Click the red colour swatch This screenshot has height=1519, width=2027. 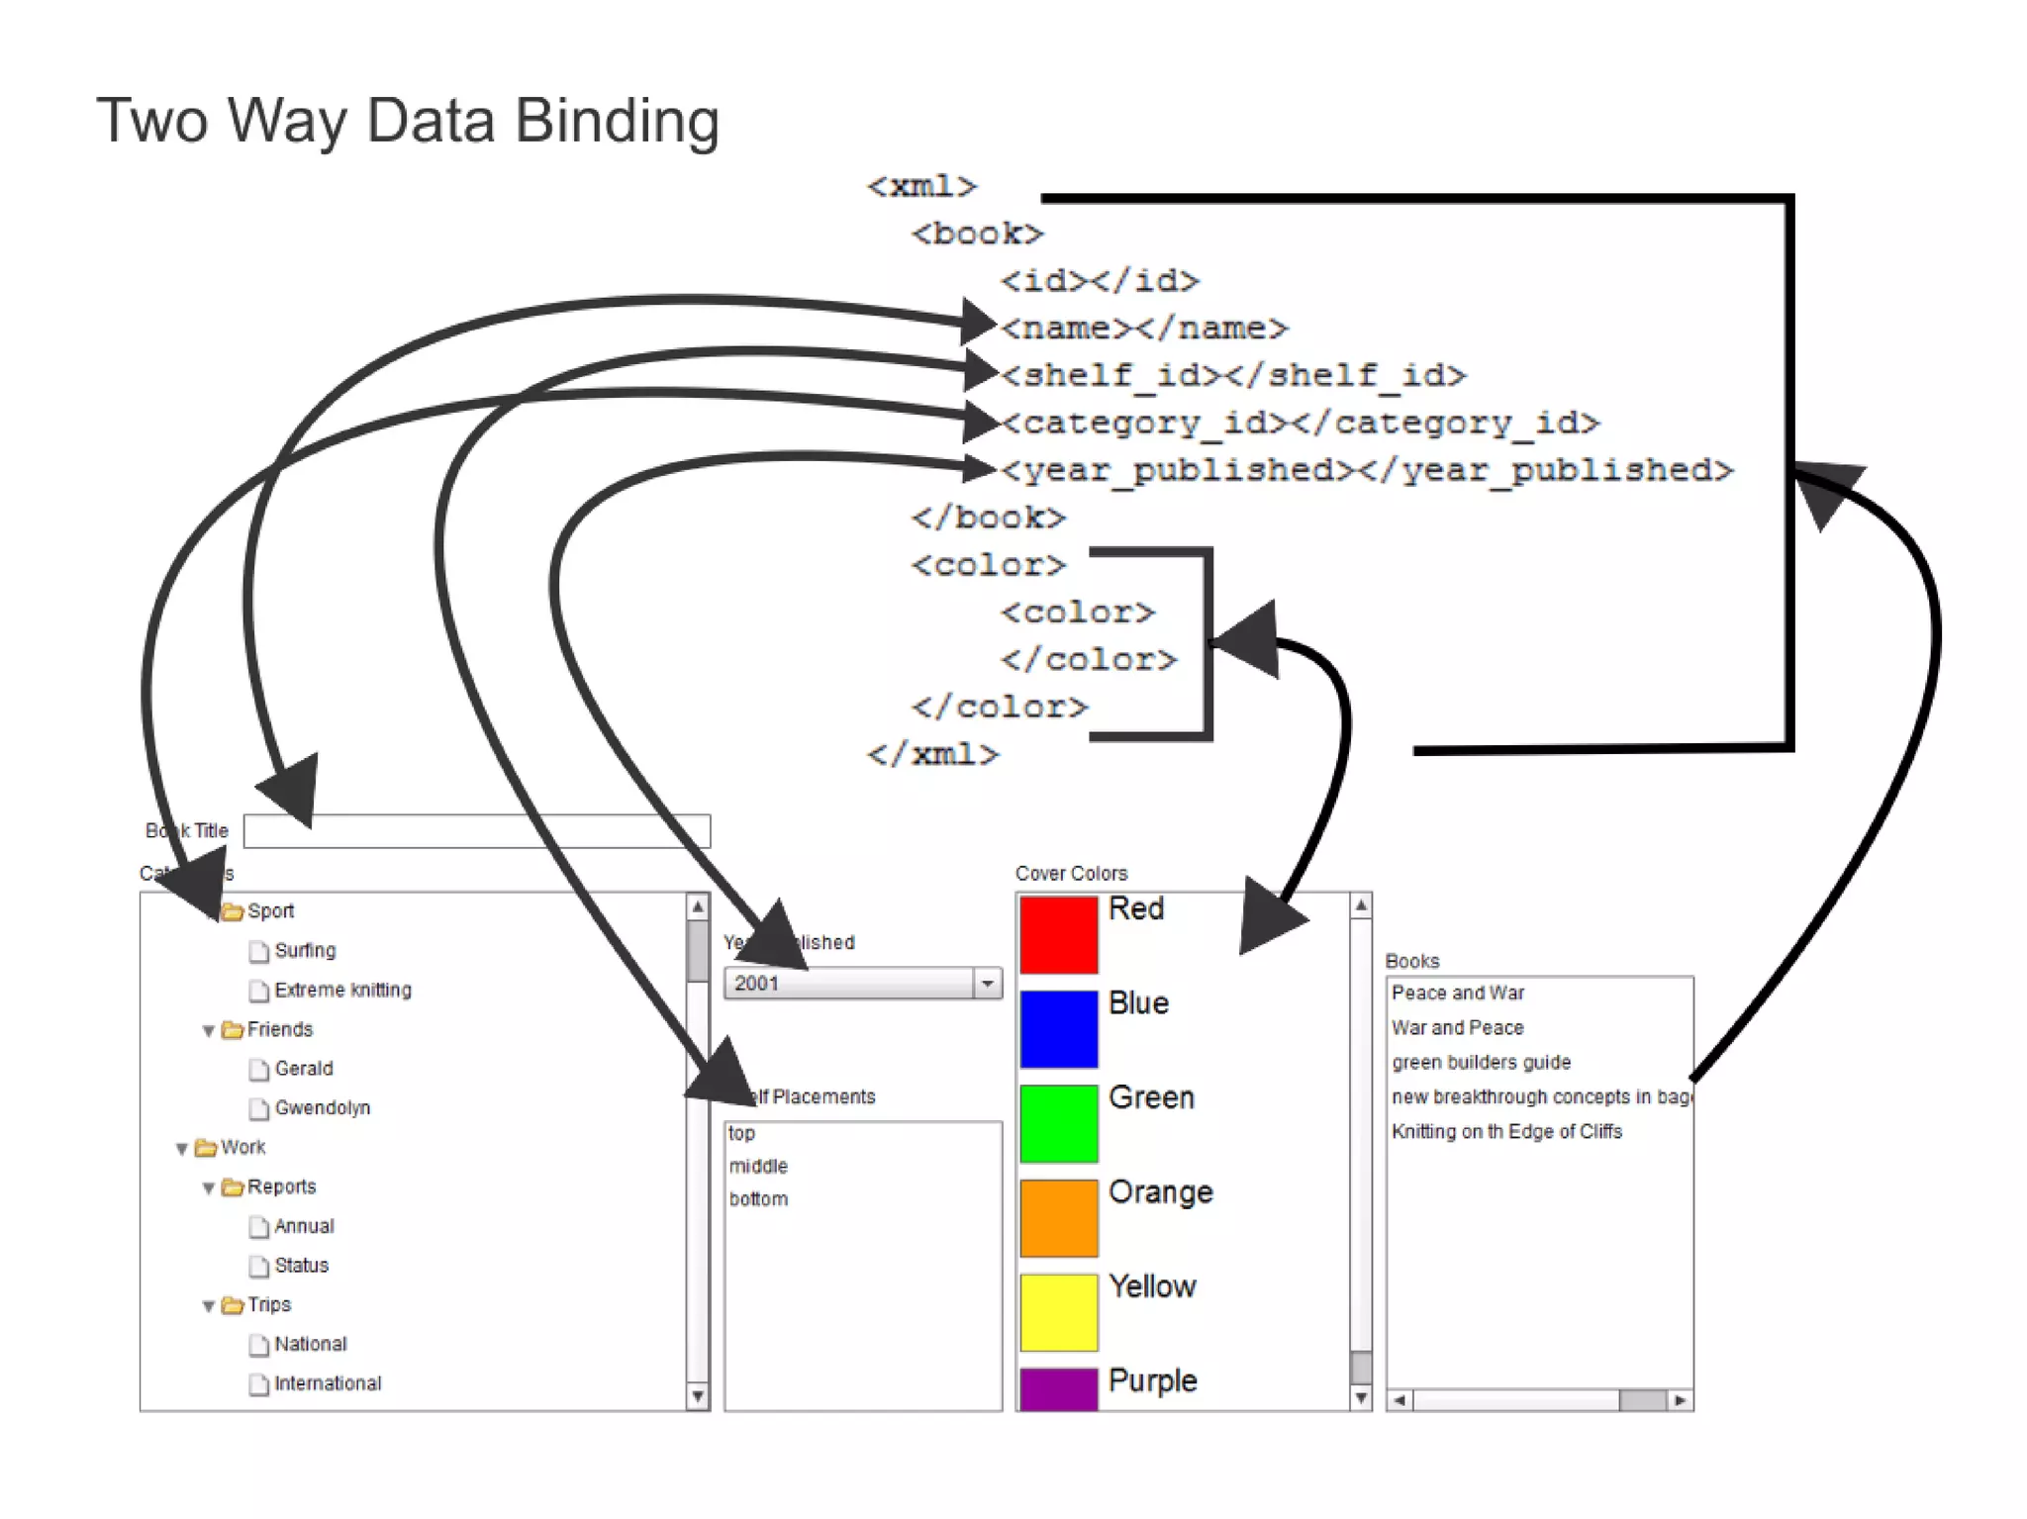pyautogui.click(x=1058, y=934)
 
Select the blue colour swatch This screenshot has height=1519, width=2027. pyautogui.click(x=1058, y=1028)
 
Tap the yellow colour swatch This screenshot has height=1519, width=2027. pyautogui.click(x=1058, y=1312)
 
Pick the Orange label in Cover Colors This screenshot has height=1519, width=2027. pyautogui.click(x=1160, y=1192)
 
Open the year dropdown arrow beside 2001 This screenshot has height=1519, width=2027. pyautogui.click(x=987, y=984)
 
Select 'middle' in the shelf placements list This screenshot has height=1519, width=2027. pyautogui.click(x=758, y=1167)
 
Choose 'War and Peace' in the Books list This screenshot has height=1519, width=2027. pyautogui.click(x=1457, y=1028)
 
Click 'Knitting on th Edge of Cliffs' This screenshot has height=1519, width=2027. pyautogui.click(x=1506, y=1132)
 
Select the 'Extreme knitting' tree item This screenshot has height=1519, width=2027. pyautogui.click(x=342, y=990)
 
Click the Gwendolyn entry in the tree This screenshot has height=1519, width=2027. pyautogui.click(x=322, y=1108)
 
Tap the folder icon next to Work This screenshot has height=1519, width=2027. pyautogui.click(x=206, y=1148)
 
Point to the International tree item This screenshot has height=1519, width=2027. pyautogui.click(x=327, y=1383)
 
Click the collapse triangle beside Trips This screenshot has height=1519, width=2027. pyautogui.click(x=209, y=1306)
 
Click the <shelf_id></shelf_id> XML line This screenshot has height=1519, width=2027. pyautogui.click(x=1232, y=375)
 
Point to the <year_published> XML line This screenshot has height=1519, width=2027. pyautogui.click(x=1366, y=470)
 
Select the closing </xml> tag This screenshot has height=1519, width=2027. pyautogui.click(x=932, y=755)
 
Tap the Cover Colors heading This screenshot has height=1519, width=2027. pyautogui.click(x=1071, y=874)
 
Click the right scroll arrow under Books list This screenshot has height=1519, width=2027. pyautogui.click(x=1681, y=1400)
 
